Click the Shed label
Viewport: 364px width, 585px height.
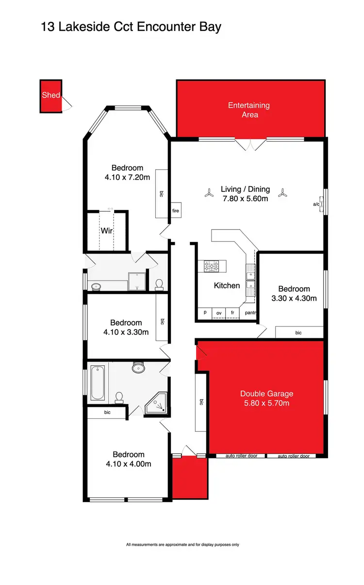(x=50, y=95)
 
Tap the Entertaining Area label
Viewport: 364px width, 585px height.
(x=249, y=110)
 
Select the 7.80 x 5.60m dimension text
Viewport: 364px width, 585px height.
(x=244, y=199)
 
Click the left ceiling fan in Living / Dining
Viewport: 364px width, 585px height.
(x=209, y=193)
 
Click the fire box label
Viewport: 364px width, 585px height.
(x=175, y=211)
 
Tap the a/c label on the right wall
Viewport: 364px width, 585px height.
(x=316, y=205)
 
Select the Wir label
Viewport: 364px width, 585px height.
(x=107, y=231)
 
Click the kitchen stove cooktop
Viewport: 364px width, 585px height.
(x=212, y=266)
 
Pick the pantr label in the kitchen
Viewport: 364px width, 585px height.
(x=250, y=313)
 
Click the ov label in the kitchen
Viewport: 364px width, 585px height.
(x=219, y=313)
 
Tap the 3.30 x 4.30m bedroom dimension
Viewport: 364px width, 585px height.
(x=294, y=298)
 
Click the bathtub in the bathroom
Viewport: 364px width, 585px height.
(x=98, y=383)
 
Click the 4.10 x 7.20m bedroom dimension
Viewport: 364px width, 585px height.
(x=127, y=177)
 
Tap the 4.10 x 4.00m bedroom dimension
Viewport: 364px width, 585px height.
(x=128, y=464)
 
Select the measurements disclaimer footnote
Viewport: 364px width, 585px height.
(x=182, y=545)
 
